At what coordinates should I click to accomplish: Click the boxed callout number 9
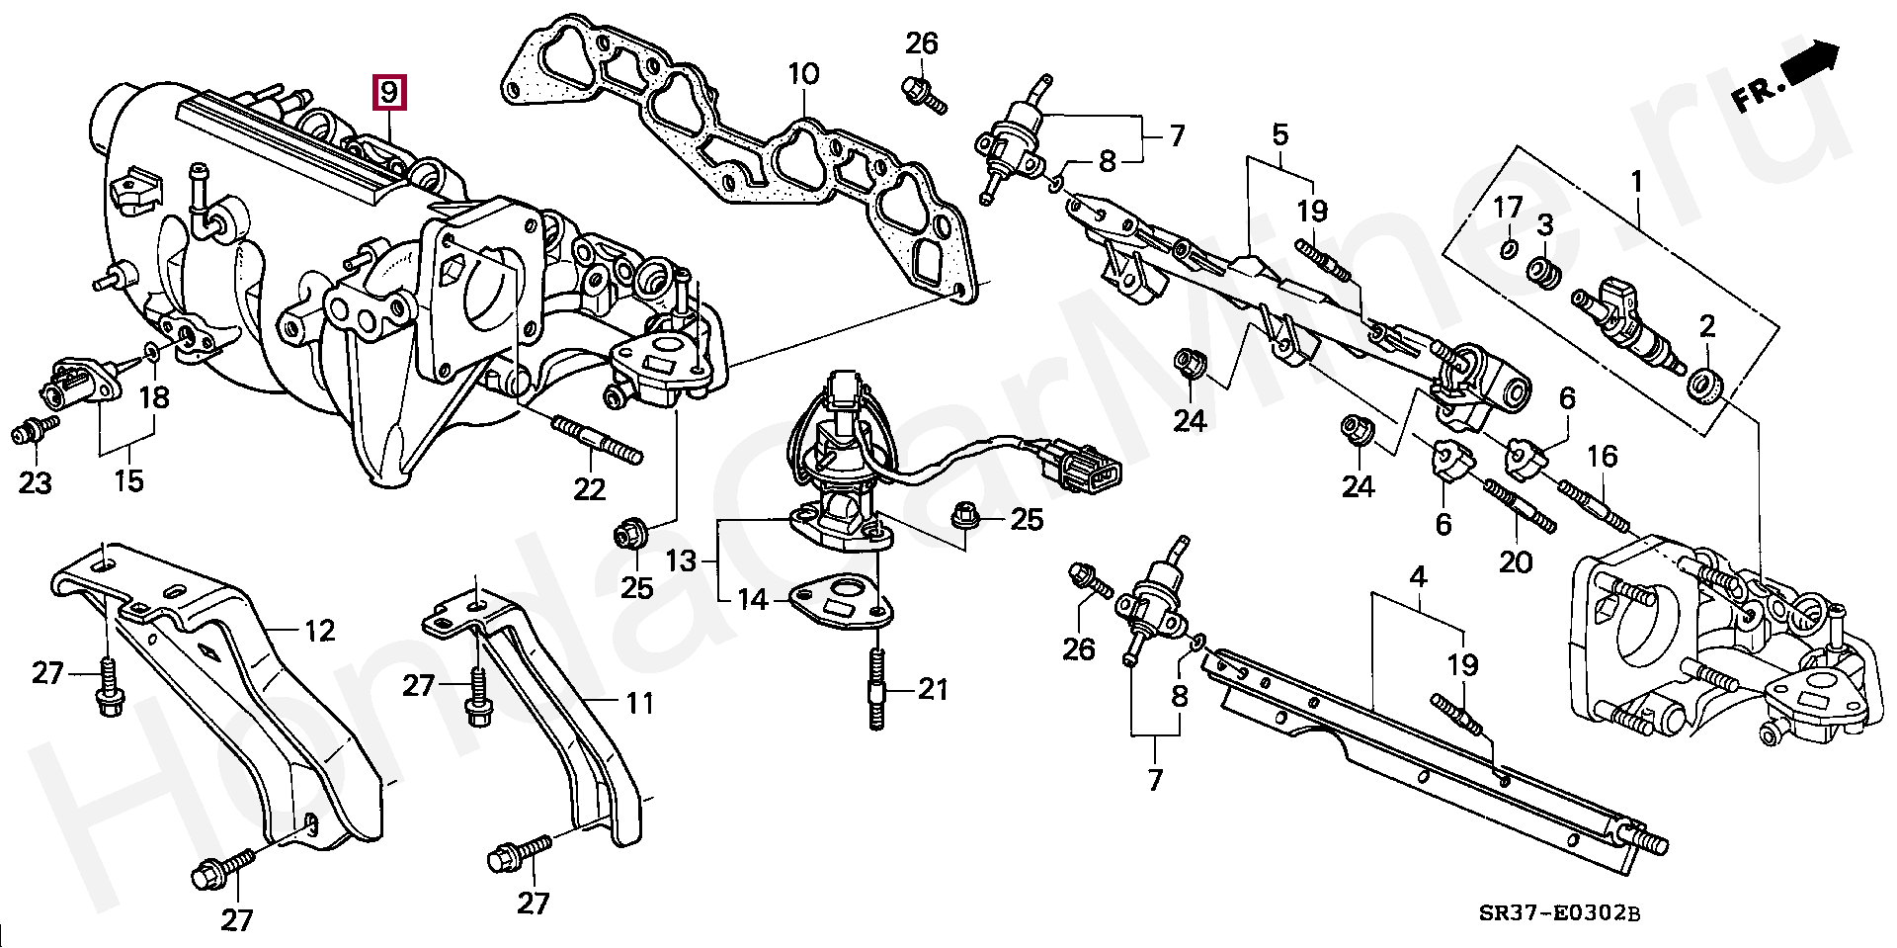388,93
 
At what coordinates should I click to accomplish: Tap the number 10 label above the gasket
803,73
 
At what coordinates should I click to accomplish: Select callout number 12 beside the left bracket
319,631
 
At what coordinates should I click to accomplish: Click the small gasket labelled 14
839,603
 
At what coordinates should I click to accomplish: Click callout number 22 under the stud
590,488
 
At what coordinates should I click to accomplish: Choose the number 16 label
1603,456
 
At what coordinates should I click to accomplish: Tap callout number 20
1516,562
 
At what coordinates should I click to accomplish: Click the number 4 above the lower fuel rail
1417,574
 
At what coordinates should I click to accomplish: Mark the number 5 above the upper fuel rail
1279,133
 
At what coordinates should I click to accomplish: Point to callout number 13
681,561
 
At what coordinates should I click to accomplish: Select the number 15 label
128,481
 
